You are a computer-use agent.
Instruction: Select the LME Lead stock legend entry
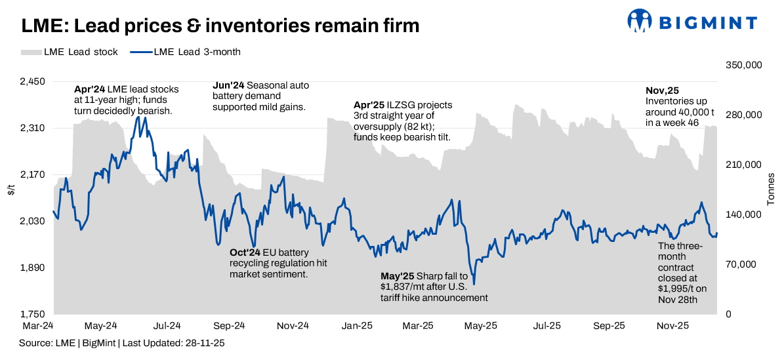coord(70,52)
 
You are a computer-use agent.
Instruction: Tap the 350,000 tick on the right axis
coord(743,66)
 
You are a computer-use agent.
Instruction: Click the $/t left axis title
coord(10,191)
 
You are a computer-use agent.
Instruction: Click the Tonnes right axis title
coord(771,190)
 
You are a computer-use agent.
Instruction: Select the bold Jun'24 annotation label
coord(228,85)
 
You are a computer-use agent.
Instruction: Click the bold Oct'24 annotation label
coord(245,252)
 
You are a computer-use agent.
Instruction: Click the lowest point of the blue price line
coord(474,284)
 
